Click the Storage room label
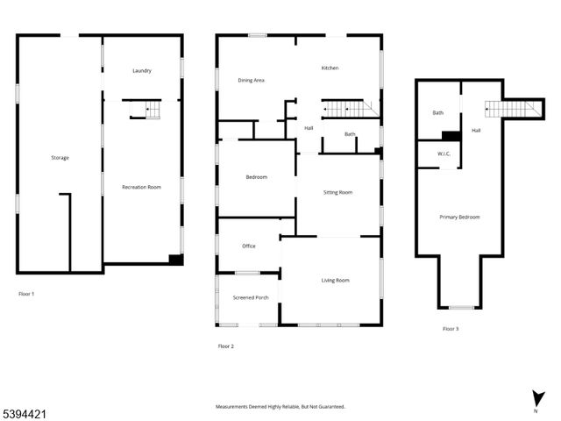point(60,158)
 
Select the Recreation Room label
point(142,187)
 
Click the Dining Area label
point(252,81)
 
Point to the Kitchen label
point(330,68)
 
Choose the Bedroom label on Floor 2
point(256,177)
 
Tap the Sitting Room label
point(337,192)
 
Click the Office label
point(249,246)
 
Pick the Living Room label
point(335,281)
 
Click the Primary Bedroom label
point(459,217)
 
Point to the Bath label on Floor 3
point(437,113)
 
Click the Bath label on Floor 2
point(350,134)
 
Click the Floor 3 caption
point(451,329)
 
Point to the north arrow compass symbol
point(536,400)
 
